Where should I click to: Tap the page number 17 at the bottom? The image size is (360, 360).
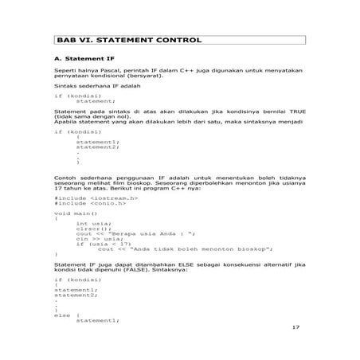point(297,327)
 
